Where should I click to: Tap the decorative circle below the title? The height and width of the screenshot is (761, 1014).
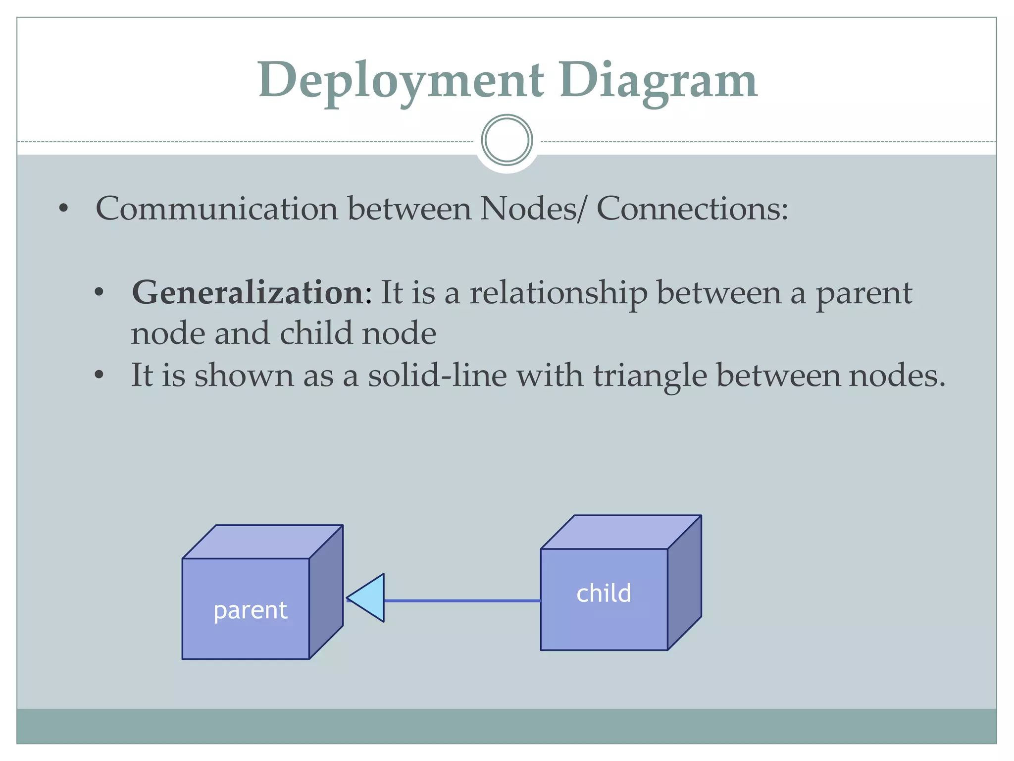(507, 140)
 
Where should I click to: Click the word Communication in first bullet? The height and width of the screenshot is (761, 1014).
(216, 209)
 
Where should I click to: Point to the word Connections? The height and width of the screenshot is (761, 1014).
(692, 209)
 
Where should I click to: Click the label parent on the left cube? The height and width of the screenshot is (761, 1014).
(250, 610)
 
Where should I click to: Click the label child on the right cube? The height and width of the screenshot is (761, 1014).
(604, 593)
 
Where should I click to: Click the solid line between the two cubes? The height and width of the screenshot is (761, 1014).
(460, 600)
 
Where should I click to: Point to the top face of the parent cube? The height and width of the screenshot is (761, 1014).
(262, 542)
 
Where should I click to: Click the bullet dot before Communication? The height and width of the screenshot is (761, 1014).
(63, 209)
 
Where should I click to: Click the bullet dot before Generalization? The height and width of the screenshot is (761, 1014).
(99, 293)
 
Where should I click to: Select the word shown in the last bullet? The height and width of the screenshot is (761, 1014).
(244, 376)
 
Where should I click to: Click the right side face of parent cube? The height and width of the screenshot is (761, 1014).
(326, 593)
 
